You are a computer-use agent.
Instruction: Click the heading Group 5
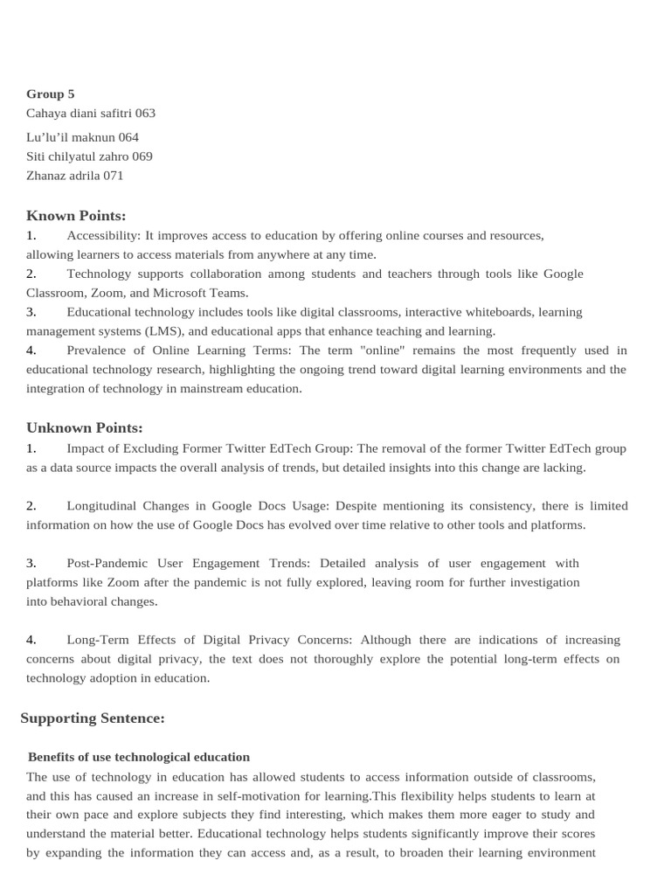coord(51,94)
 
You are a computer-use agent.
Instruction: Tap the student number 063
coord(145,113)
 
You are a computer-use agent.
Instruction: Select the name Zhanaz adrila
coord(63,176)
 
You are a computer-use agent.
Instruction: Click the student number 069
coord(142,156)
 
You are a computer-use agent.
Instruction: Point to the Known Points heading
coord(76,215)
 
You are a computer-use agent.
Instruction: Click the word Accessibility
coord(103,235)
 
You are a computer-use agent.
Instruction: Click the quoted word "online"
coord(383,350)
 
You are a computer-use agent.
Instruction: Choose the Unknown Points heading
coord(85,427)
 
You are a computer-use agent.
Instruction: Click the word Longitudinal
coord(107,506)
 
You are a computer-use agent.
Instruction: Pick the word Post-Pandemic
coord(106,564)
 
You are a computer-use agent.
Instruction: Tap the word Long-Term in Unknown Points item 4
coord(97,640)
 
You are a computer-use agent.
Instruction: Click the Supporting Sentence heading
coord(93,718)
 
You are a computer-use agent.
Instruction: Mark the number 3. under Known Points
coord(31,312)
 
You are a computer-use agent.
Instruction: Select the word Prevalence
coord(100,350)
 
